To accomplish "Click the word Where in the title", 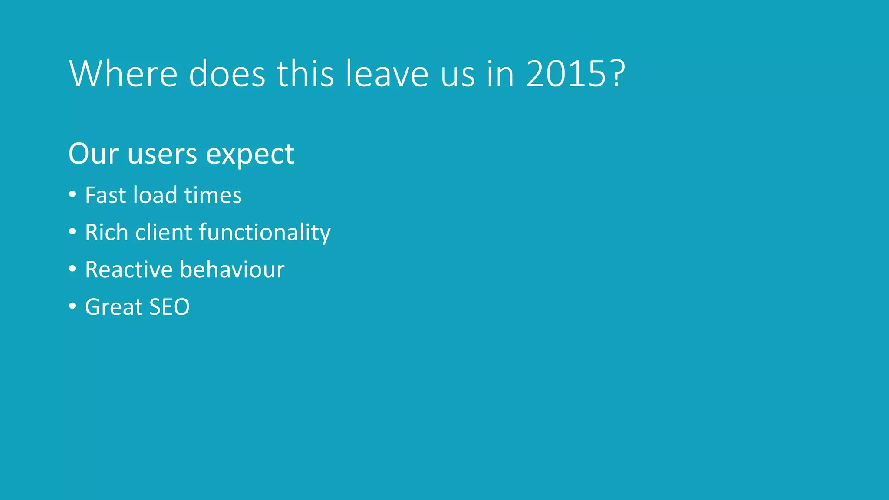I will tap(123, 74).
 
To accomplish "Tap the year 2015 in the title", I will tap(566, 74).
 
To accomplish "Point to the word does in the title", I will tap(227, 74).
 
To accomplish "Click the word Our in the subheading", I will tap(93, 154).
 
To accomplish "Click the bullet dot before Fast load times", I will tap(72, 194).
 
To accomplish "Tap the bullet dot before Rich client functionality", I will tap(72, 232).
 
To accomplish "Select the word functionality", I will tap(265, 233).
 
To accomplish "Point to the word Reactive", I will tap(128, 270).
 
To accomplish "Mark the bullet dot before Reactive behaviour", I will tap(72, 269).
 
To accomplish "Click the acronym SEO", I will tap(169, 307).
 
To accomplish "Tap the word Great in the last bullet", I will tap(113, 307).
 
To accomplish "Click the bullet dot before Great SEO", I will tap(72, 306).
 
